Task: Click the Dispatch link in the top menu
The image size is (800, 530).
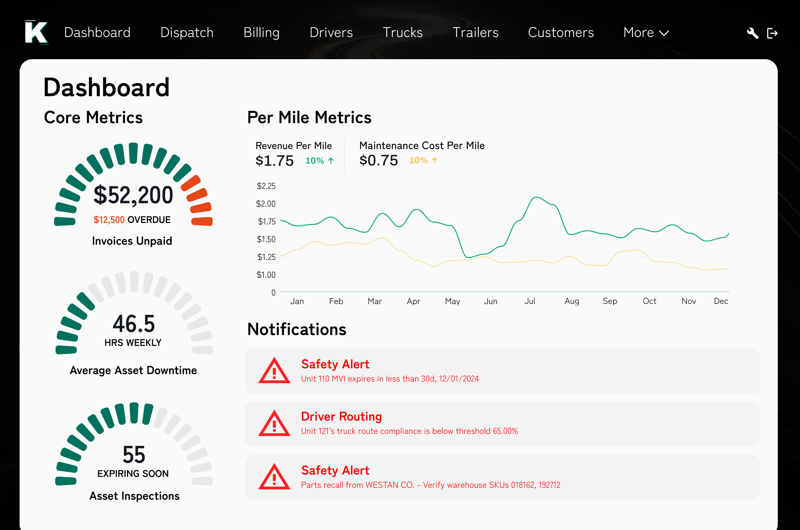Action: pos(187,33)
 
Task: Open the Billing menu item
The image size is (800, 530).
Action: pos(261,33)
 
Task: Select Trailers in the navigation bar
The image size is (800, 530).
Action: pos(475,33)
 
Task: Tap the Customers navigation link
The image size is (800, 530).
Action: pos(561,33)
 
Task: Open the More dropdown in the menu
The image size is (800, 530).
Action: pos(646,33)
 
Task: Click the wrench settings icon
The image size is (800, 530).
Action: pos(752,33)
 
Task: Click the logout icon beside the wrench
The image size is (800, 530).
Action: pos(772,33)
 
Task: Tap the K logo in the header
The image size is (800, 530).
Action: pos(37,32)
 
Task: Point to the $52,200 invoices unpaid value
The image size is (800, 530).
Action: pos(133,195)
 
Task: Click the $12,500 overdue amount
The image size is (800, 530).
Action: pos(109,220)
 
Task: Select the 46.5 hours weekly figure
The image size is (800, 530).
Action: pos(134,324)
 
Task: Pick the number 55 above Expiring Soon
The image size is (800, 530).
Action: pos(134,455)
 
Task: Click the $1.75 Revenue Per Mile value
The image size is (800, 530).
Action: pos(274,161)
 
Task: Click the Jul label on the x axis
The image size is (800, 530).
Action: pos(530,301)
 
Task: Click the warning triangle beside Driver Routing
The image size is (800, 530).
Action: pos(274,424)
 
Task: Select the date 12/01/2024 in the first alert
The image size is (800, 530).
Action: pos(459,379)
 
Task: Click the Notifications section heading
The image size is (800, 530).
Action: pos(297,329)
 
